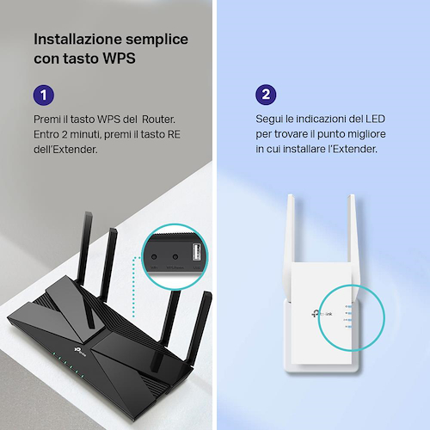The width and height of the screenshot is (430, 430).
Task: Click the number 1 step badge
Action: (x=44, y=95)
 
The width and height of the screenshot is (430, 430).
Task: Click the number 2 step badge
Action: (x=266, y=95)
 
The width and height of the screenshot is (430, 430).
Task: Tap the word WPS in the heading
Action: (x=119, y=58)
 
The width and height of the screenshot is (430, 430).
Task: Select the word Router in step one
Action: (x=158, y=120)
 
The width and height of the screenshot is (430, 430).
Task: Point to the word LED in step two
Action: (x=375, y=119)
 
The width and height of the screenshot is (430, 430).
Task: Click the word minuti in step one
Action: (x=85, y=134)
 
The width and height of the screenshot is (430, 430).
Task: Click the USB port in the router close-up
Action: (x=196, y=252)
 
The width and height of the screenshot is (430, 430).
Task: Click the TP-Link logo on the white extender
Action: (x=322, y=314)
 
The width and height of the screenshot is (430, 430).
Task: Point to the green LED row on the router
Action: (x=68, y=365)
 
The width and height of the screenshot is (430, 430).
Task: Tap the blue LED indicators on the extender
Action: (x=349, y=316)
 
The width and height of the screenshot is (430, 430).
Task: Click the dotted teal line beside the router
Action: (x=133, y=286)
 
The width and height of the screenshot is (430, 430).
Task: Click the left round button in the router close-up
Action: (x=154, y=257)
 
